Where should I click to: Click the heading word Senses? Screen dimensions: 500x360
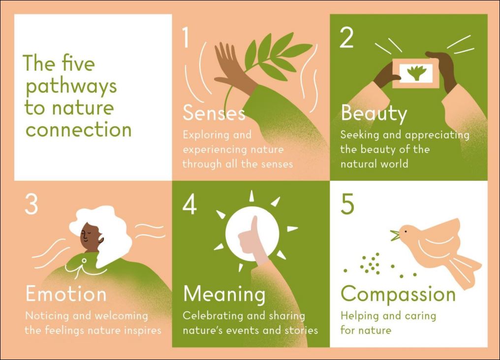click(214, 113)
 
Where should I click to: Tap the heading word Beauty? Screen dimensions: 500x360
click(374, 114)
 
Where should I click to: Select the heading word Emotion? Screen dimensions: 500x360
click(65, 294)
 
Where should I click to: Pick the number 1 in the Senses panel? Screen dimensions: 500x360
click(186, 37)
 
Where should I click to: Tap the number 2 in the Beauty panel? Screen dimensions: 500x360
click(346, 37)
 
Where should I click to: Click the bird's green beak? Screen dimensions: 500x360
click(395, 235)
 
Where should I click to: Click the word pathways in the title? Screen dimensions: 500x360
click(71, 87)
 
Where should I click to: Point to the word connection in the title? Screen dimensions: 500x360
click(78, 130)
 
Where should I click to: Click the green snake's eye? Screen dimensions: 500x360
click(84, 261)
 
